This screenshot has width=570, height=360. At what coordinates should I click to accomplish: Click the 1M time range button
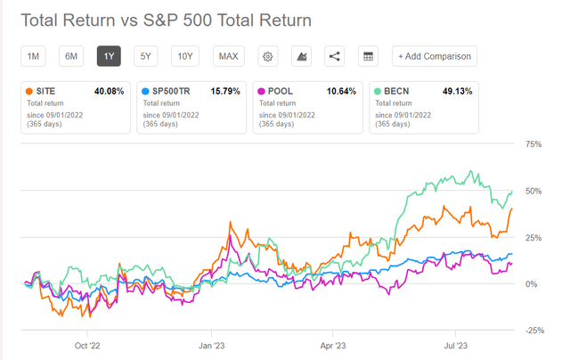pos(33,56)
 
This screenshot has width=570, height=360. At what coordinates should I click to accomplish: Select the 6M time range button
pos(71,56)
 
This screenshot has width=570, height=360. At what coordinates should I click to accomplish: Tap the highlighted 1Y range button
pos(109,56)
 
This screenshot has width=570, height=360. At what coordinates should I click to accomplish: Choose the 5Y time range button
pos(146,56)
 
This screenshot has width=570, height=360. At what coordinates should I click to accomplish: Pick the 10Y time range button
pos(184,56)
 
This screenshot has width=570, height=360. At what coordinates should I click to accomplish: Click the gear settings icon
pos(266,56)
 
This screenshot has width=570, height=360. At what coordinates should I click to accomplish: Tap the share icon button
pos(334,56)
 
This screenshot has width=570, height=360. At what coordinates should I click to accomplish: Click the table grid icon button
pos(366,56)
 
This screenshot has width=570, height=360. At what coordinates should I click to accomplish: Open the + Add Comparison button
pos(436,56)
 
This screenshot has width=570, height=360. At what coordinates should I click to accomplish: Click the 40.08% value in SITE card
pos(110,91)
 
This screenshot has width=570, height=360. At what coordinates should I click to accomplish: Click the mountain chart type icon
pos(300,56)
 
